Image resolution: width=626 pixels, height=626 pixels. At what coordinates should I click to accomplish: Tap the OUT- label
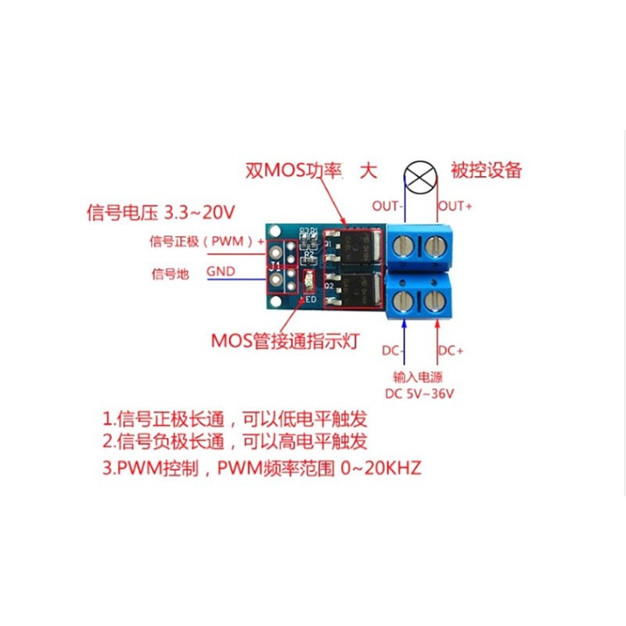coord(387,207)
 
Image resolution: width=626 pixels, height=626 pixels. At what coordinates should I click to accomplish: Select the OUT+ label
coord(453,207)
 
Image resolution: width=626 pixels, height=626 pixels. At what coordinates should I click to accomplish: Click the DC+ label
coord(452,349)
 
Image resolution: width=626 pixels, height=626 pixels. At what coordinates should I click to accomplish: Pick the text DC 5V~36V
coord(419,392)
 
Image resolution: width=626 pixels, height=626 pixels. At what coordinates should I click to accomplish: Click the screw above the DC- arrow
coord(405,300)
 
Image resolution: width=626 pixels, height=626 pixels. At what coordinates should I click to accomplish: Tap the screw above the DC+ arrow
coord(434,300)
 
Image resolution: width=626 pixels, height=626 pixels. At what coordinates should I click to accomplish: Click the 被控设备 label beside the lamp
coord(486,170)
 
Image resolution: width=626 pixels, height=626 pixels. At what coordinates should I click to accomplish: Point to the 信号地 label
coord(170,273)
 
